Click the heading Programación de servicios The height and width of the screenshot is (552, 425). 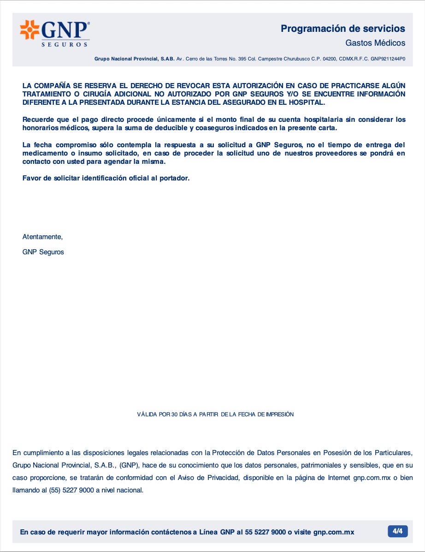coord(343,29)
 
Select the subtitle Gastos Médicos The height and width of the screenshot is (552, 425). coord(375,43)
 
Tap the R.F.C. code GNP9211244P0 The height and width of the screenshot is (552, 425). coord(388,59)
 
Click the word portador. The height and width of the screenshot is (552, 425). coord(173,178)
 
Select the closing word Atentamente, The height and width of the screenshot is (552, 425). coord(42,237)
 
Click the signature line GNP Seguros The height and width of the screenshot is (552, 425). coord(43,252)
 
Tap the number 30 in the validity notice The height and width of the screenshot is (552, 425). coord(174,414)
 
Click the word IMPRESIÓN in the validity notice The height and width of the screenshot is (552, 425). coord(279,414)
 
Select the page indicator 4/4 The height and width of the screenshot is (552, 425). coord(397,531)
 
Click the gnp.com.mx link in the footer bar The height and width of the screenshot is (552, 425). coord(334,532)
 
